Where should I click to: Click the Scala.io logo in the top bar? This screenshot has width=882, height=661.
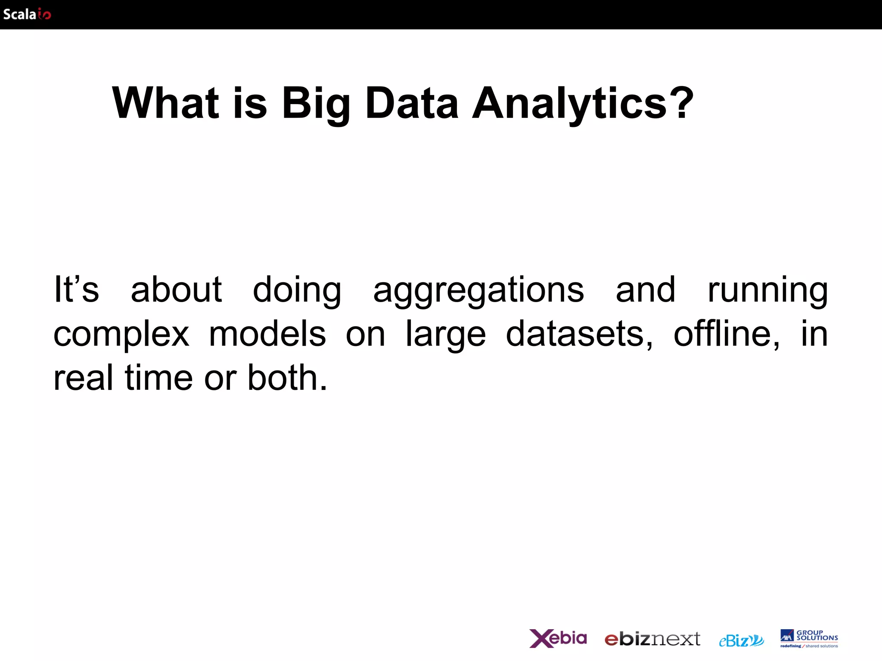pos(27,14)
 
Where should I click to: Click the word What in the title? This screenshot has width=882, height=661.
pos(165,103)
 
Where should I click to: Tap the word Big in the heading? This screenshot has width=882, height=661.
pos(316,104)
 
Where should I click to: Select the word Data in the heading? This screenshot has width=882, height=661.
pos(412,103)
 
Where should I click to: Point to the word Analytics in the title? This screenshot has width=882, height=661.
pos(569,104)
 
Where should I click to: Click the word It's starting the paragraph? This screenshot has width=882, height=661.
pos(76,289)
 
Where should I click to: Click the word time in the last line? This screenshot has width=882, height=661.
pos(158,377)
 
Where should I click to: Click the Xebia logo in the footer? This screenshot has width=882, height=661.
pos(558,638)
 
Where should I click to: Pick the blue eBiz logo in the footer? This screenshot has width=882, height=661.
pos(741,640)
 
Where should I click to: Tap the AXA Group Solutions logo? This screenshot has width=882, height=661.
pos(809,639)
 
